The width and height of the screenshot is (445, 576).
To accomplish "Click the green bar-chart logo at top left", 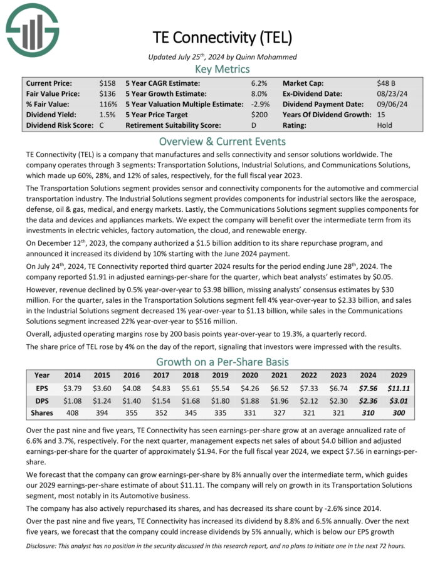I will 32,29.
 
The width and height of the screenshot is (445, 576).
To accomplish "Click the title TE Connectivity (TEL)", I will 223,37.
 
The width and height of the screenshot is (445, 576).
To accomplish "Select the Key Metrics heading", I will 223,69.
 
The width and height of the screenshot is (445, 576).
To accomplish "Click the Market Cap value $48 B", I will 386,83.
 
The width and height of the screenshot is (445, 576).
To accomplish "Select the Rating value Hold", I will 385,125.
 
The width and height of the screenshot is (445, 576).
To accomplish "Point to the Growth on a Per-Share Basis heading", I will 223,362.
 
